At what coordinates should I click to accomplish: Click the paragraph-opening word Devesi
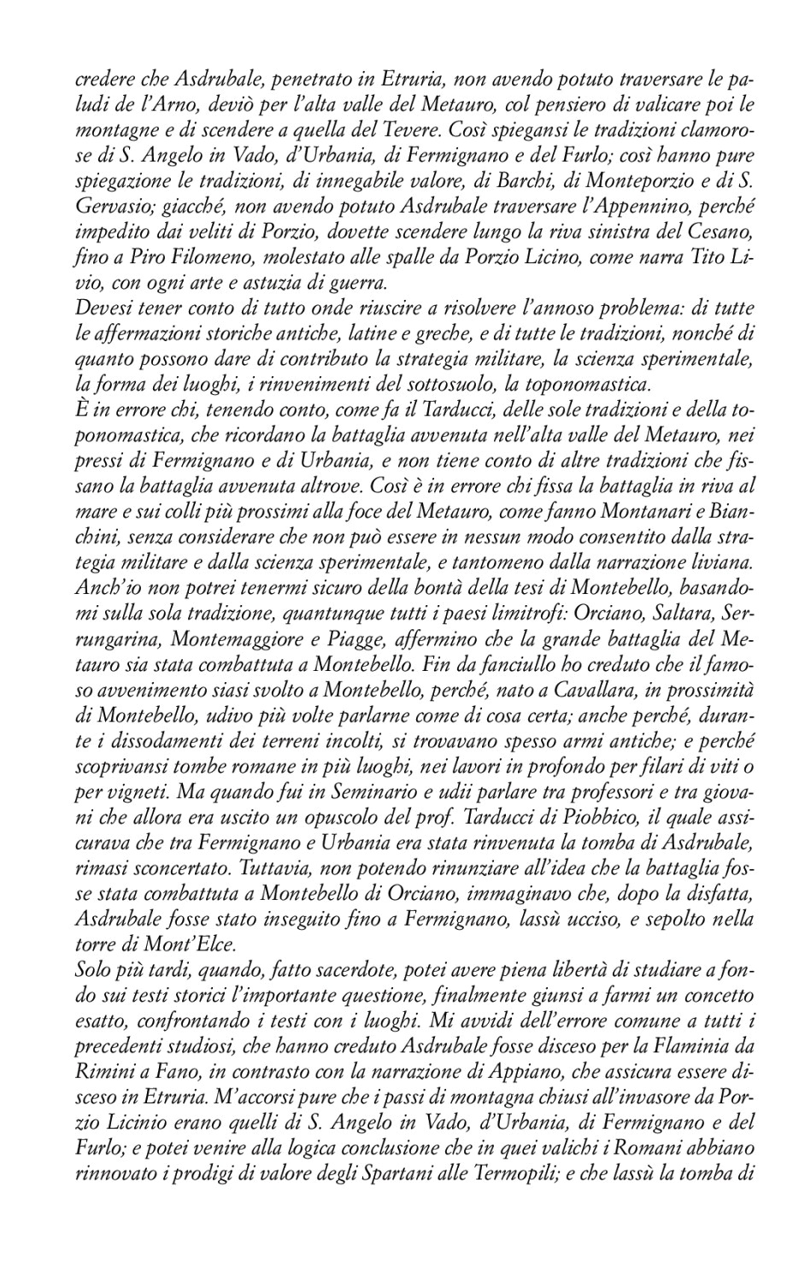[100, 308]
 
